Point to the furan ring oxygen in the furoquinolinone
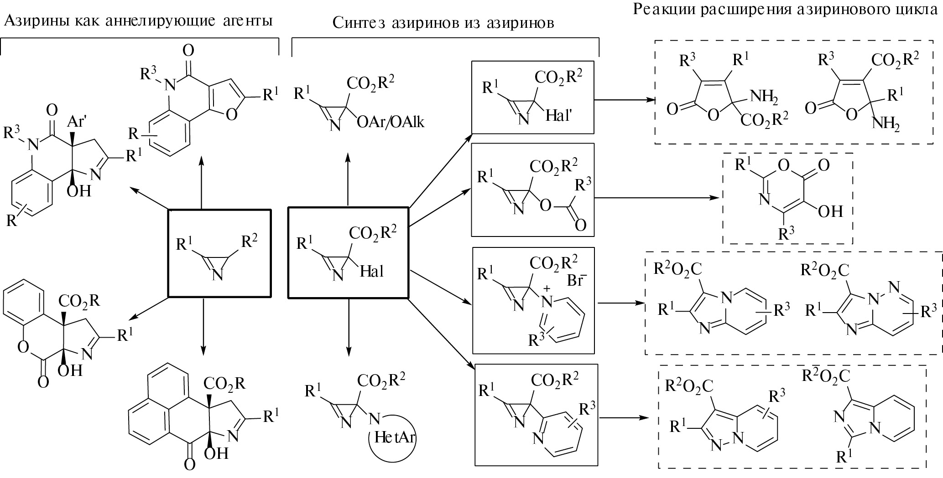[231, 114]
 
